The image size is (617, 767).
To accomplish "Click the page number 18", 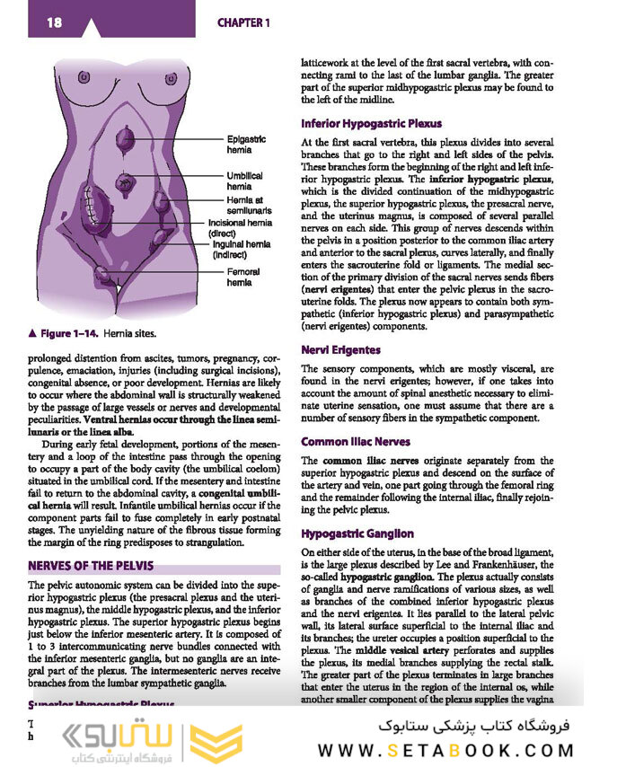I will pyautogui.click(x=55, y=22).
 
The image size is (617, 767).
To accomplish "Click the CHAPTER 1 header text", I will pyautogui.click(x=242, y=22).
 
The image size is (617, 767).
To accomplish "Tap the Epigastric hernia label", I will pyautogui.click(x=246, y=145).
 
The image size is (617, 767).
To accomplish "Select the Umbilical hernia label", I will pyautogui.click(x=244, y=181).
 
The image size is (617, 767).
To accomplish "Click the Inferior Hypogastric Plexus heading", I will pyautogui.click(x=371, y=123).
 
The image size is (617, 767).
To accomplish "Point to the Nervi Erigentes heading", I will pyautogui.click(x=340, y=349).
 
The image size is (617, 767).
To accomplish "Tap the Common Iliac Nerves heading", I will pyautogui.click(x=356, y=441).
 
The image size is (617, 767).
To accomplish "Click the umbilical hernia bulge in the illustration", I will pyautogui.click(x=124, y=183).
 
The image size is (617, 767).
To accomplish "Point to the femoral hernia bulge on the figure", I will pyautogui.click(x=105, y=271).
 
